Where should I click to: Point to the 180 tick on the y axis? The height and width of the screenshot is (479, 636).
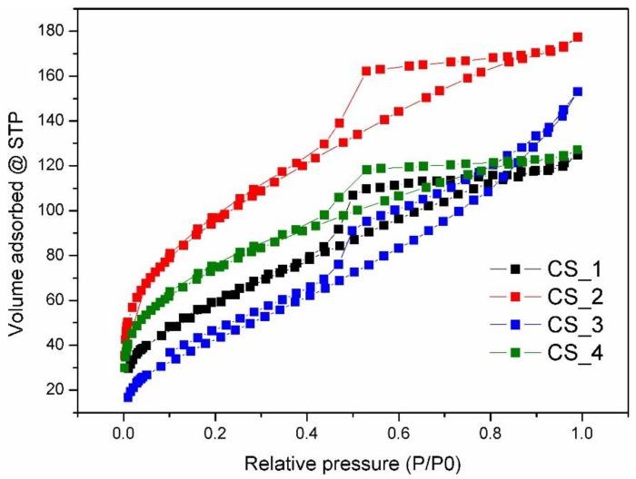(54, 31)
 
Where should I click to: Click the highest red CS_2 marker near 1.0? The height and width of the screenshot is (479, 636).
(578, 37)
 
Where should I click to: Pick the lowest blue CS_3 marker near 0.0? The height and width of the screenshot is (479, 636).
(128, 396)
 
